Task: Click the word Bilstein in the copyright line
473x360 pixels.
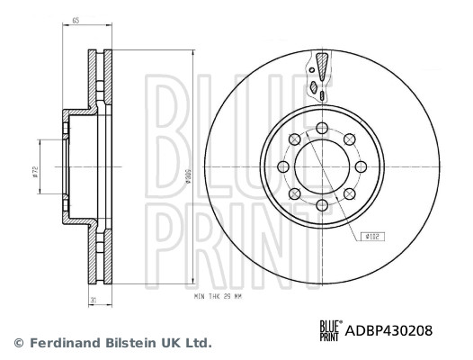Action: [127, 343]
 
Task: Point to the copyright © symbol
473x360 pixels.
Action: [17, 343]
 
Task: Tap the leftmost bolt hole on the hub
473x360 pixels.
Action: [283, 166]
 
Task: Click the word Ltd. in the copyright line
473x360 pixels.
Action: [198, 343]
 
